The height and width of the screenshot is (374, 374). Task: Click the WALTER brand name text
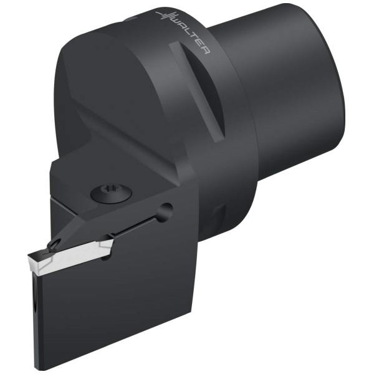coord(191,36)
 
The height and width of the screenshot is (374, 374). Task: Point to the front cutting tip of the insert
coord(29,257)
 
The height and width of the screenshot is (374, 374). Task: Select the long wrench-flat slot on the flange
coord(198,90)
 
